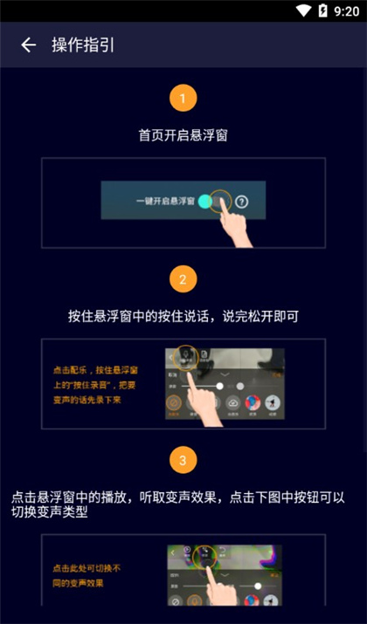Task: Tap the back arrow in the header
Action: pyautogui.click(x=29, y=45)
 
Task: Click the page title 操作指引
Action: pyautogui.click(x=83, y=45)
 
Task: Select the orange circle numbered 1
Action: pyautogui.click(x=183, y=98)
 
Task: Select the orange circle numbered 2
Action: pyautogui.click(x=183, y=279)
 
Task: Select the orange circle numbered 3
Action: pyautogui.click(x=183, y=459)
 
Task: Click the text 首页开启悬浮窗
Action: pyautogui.click(x=183, y=136)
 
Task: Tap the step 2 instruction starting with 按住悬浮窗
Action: pyautogui.click(x=183, y=316)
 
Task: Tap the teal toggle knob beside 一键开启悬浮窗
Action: pyautogui.click(x=205, y=202)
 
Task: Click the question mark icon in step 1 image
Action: pyautogui.click(x=242, y=202)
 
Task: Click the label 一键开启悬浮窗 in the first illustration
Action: pyautogui.click(x=165, y=202)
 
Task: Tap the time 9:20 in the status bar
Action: pyautogui.click(x=347, y=11)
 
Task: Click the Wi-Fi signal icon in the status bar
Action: pyautogui.click(x=302, y=11)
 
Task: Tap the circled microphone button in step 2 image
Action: pyautogui.click(x=185, y=354)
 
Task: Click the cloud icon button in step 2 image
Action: pyautogui.click(x=233, y=402)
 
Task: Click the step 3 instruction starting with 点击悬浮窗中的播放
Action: pyautogui.click(x=183, y=504)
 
